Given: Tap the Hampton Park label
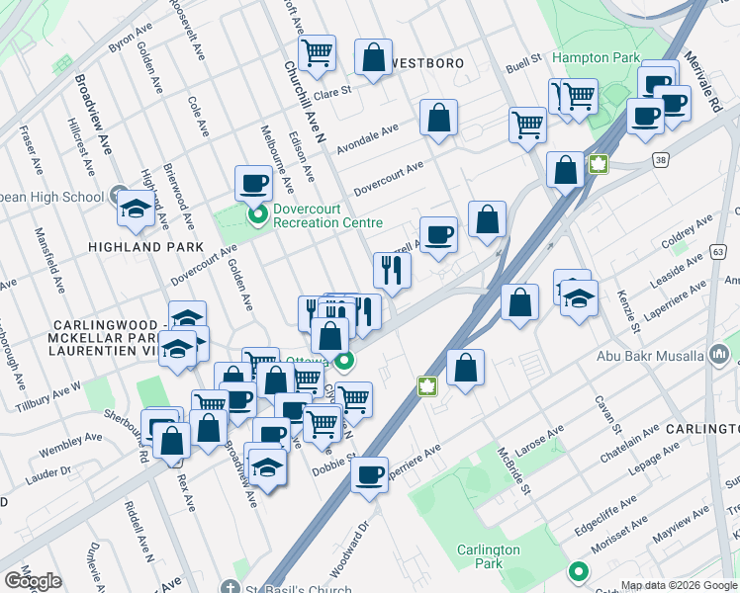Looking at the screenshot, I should point(596,58).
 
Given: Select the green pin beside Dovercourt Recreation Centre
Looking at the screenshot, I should point(257,213).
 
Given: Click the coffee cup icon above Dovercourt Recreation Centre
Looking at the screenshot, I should point(253,182).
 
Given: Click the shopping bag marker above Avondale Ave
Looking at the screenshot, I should point(438,117).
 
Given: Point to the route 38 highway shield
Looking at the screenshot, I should point(660,158).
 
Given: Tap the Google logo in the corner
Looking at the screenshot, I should point(33,581).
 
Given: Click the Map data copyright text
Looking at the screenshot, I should point(678,585).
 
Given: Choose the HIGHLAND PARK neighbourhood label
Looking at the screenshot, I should point(145,246).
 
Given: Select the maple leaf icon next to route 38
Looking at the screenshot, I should point(598,164).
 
